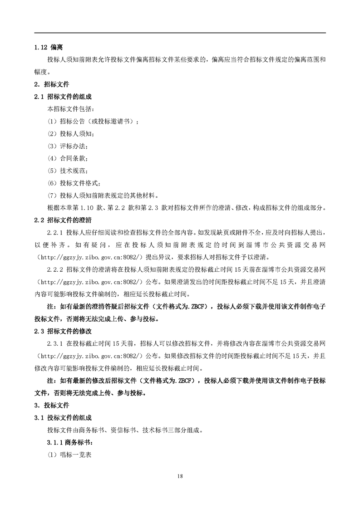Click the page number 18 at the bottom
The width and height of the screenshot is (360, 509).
pyautogui.click(x=180, y=476)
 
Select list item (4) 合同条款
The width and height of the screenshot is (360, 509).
pyautogui.click(x=68, y=159)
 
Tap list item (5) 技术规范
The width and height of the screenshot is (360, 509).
pyautogui.click(x=68, y=171)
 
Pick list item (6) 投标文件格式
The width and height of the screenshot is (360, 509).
pyautogui.click(x=74, y=183)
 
